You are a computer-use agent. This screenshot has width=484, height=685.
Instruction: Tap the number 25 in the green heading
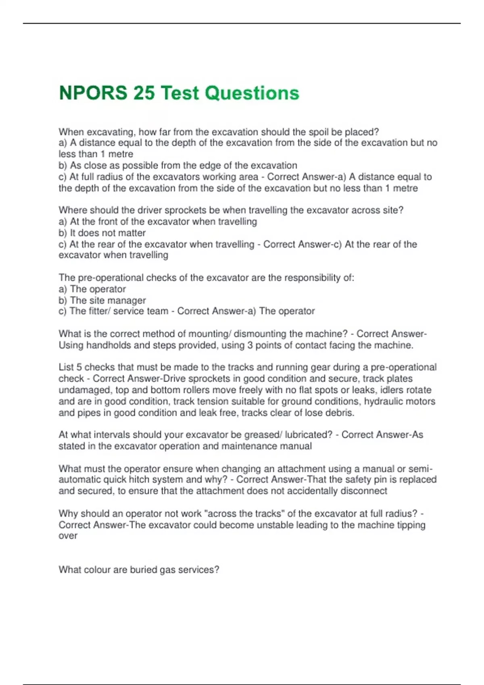144,93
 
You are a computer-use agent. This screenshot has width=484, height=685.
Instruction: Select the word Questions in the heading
252,93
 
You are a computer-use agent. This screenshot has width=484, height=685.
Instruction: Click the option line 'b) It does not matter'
102,233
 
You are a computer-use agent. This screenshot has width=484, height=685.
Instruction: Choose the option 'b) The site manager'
102,300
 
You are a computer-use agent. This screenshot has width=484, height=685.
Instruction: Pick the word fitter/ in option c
97,311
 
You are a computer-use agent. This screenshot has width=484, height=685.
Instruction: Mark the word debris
340,413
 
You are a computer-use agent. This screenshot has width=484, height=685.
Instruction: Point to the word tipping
409,525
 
